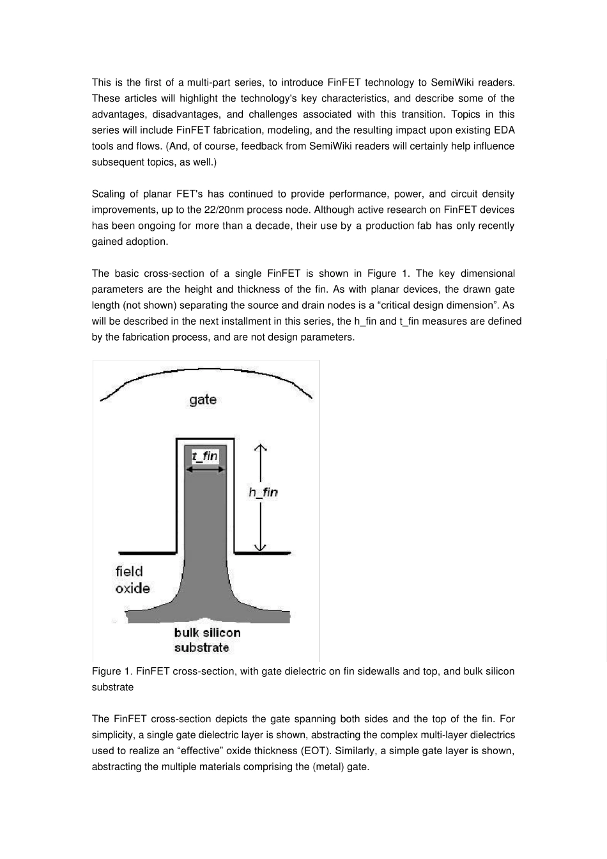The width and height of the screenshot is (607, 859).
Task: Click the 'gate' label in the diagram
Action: tap(203, 400)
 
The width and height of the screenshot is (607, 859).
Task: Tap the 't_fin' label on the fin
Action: tap(205, 456)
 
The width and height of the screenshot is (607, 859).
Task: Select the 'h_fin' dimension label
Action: tap(263, 492)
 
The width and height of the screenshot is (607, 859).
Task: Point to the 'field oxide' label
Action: tap(132, 580)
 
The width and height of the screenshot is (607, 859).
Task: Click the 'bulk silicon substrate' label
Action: tap(207, 640)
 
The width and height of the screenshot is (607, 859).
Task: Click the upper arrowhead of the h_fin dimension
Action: tap(259, 447)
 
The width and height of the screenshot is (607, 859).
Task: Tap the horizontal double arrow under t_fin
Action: tap(205, 469)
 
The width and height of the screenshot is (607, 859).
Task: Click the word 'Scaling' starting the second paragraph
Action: tap(109, 194)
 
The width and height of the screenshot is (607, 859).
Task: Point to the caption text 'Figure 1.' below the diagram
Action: tap(112, 671)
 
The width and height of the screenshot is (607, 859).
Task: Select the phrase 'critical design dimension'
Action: tap(436, 306)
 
